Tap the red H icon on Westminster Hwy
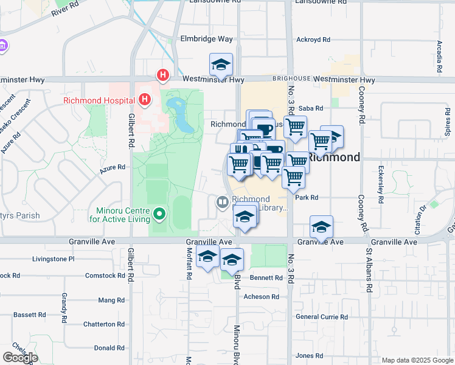[x=162, y=75]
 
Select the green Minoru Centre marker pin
[x=159, y=214]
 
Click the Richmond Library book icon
[x=223, y=202]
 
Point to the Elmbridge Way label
[x=206, y=39]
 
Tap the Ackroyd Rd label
[x=313, y=40]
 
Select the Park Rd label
[x=307, y=198]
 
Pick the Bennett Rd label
[x=266, y=277]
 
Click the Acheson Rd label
[x=261, y=297]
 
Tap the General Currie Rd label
[x=321, y=317]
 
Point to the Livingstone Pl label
[x=52, y=259]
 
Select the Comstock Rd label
[x=104, y=276]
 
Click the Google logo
[x=20, y=358]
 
